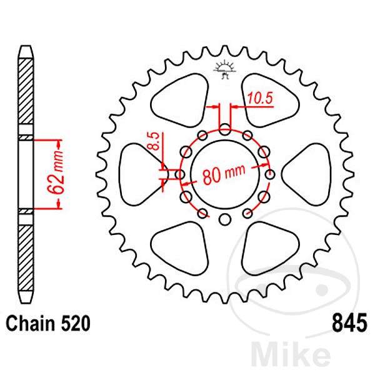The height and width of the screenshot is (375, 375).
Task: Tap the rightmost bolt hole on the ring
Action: (x=271, y=174)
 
